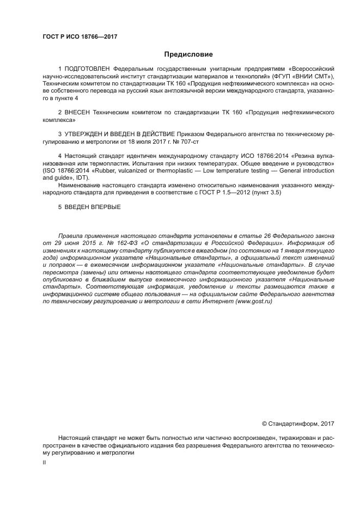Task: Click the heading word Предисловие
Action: coord(188,54)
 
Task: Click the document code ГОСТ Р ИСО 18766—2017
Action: coord(80,37)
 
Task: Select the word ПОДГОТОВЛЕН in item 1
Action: coord(87,69)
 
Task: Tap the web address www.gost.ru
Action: coord(254,301)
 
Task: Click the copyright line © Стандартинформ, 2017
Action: coord(298,422)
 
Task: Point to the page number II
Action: coord(44,462)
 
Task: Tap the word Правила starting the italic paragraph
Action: coord(71,235)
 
